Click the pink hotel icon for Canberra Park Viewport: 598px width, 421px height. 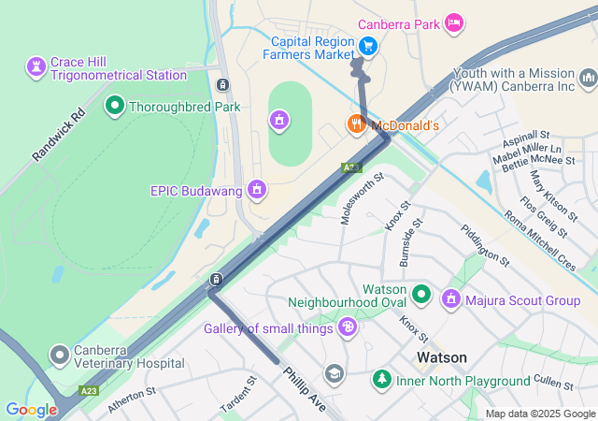[454, 22]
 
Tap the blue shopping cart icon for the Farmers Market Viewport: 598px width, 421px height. [368, 45]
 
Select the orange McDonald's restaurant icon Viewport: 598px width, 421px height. [356, 124]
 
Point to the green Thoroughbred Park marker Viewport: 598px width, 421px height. [115, 107]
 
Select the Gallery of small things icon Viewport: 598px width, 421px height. [348, 327]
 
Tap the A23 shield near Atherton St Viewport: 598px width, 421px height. [89, 390]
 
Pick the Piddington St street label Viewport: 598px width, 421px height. [485, 244]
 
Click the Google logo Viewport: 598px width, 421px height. [31, 409]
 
